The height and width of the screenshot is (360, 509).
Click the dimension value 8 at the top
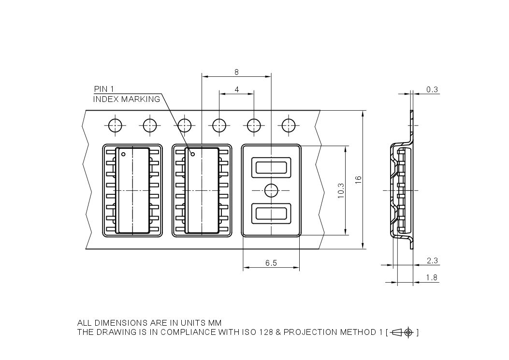[236, 72]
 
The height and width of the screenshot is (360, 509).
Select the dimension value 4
[236, 89]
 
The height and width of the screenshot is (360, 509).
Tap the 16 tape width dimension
[358, 179]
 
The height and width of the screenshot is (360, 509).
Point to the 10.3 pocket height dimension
[341, 190]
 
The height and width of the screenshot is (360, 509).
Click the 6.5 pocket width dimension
[271, 263]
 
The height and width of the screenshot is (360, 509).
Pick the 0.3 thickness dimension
[432, 89]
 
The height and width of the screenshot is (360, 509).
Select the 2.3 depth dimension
[432, 260]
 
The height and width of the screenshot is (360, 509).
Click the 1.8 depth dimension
[432, 278]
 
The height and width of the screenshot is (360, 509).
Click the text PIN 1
[104, 89]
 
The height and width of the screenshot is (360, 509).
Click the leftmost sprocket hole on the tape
[116, 125]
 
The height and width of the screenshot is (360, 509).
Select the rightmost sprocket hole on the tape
[289, 125]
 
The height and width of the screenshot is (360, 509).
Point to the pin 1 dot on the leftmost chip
[124, 155]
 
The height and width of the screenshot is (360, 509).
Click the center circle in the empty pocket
[271, 190]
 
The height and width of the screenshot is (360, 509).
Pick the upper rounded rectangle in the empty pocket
[271, 168]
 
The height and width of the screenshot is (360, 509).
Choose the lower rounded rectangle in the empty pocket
[271, 213]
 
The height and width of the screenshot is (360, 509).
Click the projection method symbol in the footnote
[403, 332]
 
